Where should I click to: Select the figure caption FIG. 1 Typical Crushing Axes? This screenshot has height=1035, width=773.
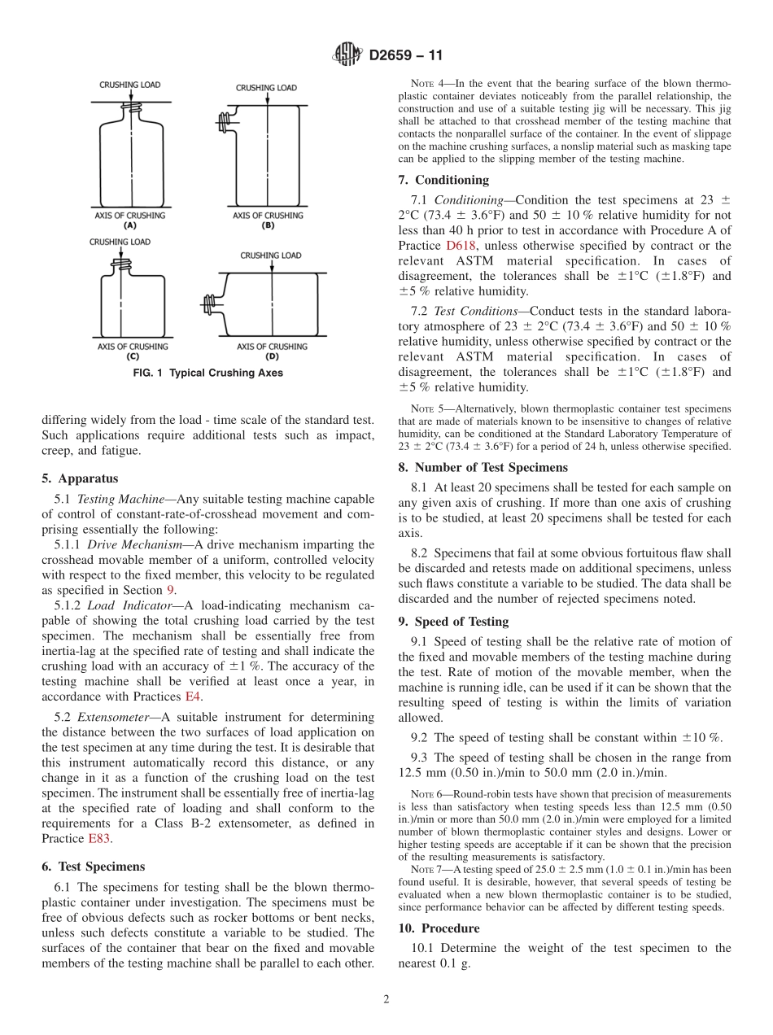pyautogui.click(x=208, y=373)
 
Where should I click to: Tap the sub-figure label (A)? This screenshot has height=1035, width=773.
pyautogui.click(x=130, y=225)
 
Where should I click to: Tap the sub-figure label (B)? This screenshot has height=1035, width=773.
pyautogui.click(x=268, y=225)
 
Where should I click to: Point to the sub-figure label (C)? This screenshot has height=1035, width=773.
pyautogui.click(x=132, y=356)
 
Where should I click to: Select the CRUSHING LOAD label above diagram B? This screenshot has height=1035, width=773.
pyautogui.click(x=266, y=88)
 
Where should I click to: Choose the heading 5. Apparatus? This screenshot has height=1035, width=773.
pyautogui.click(x=79, y=478)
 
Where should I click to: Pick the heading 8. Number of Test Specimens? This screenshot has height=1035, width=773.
pyautogui.click(x=483, y=467)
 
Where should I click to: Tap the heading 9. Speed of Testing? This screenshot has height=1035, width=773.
pyautogui.click(x=453, y=622)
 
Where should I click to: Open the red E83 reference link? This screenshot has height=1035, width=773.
pyautogui.click(x=100, y=839)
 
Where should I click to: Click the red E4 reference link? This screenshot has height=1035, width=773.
pyautogui.click(x=193, y=697)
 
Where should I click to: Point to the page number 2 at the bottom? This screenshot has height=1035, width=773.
pyautogui.click(x=386, y=1000)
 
